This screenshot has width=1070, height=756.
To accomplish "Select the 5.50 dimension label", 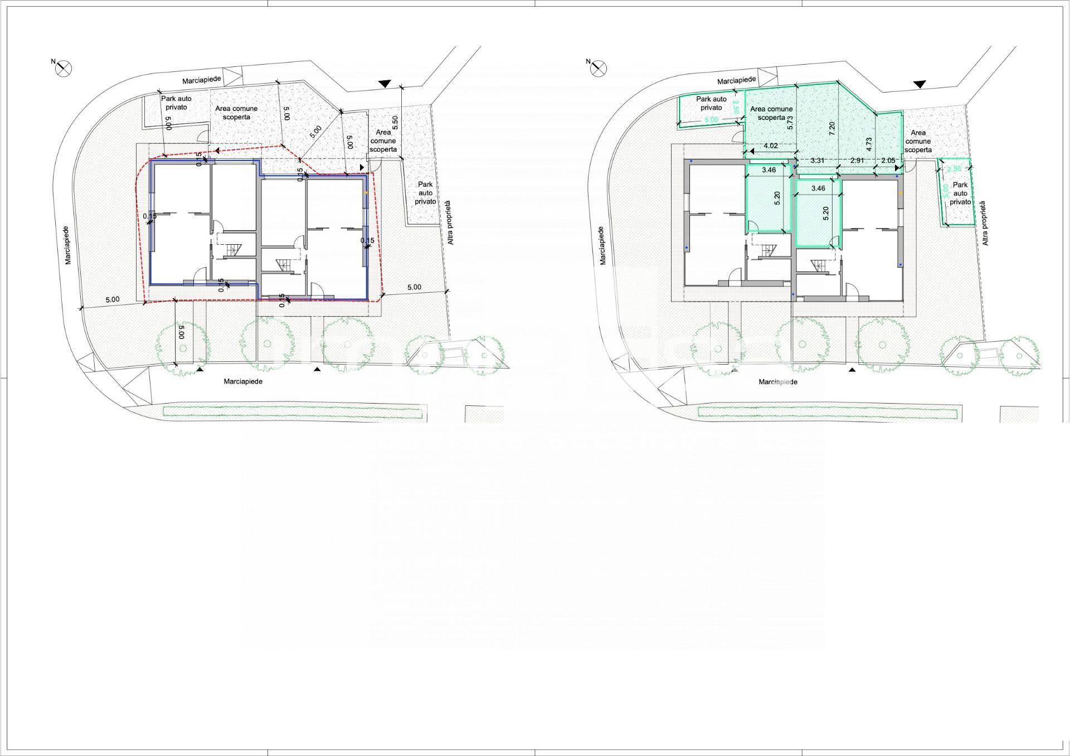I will pos(395,123).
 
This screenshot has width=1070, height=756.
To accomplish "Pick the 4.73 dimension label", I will pos(869,144).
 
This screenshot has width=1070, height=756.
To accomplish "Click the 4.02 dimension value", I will pos(771,146).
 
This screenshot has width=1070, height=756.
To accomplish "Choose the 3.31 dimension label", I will pos(818,161).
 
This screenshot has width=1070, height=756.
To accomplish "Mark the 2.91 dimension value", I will pos(857,161).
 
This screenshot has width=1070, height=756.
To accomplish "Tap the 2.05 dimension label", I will pos(888,161).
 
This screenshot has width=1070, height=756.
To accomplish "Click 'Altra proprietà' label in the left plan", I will pos(450,223).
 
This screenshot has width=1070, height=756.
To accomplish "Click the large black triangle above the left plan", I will pos(385,84).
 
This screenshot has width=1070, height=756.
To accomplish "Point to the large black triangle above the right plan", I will pos(920,84).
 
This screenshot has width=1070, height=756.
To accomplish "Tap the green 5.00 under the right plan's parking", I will pos(711,120).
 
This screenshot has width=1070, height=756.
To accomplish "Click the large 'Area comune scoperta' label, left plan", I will pos(236,113).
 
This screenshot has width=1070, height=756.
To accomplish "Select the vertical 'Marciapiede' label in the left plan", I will pos(67,245).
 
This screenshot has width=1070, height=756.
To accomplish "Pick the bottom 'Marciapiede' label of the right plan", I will pos(778,382).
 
